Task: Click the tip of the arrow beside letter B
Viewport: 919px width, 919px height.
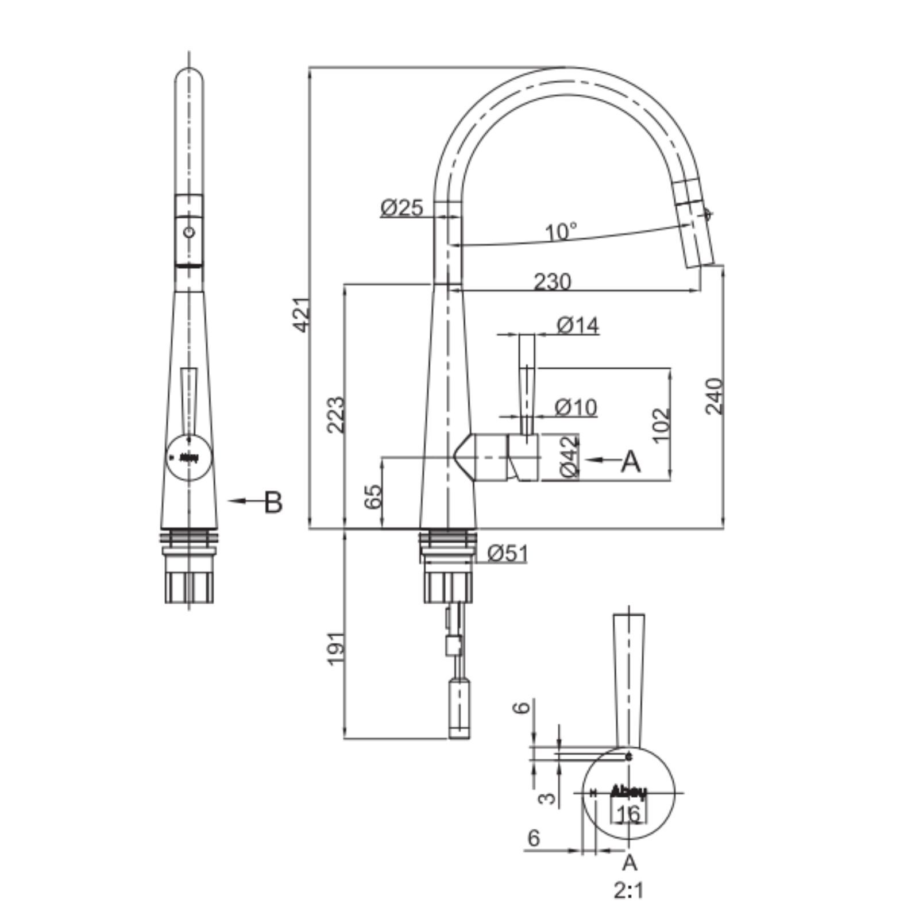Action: click(x=228, y=501)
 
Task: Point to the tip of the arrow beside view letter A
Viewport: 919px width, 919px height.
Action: click(x=587, y=459)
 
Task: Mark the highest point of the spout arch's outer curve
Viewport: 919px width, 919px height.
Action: click(x=566, y=67)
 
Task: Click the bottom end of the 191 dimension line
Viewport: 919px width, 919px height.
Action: click(x=345, y=739)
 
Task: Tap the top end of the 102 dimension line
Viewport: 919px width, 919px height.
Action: click(x=670, y=367)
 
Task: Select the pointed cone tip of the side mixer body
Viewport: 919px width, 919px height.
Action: click(x=453, y=457)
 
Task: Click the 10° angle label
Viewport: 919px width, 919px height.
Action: click(x=561, y=231)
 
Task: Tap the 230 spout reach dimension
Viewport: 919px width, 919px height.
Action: click(x=553, y=282)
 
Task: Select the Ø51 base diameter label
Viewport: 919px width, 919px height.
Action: click(x=507, y=553)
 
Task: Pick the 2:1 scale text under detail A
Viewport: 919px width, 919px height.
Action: click(x=629, y=891)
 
